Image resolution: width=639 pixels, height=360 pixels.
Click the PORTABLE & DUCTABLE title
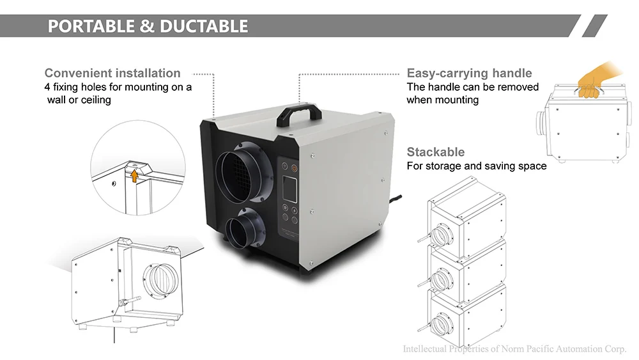click(x=148, y=26)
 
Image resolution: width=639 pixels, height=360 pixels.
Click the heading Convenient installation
click(x=112, y=73)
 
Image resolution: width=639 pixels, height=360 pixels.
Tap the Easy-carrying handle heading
click(x=469, y=73)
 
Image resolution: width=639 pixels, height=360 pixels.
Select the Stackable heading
click(x=436, y=152)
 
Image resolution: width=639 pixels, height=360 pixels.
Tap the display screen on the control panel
click(x=288, y=191)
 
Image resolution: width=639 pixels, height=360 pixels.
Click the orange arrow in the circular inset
click(x=134, y=175)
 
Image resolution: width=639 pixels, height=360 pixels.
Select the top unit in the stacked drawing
click(x=466, y=217)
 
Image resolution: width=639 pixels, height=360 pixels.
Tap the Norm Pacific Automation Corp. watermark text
click(x=514, y=349)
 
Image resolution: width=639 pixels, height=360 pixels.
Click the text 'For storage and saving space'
click(x=477, y=166)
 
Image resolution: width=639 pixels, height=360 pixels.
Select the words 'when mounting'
click(x=442, y=100)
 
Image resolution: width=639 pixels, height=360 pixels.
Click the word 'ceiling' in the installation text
click(x=94, y=100)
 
